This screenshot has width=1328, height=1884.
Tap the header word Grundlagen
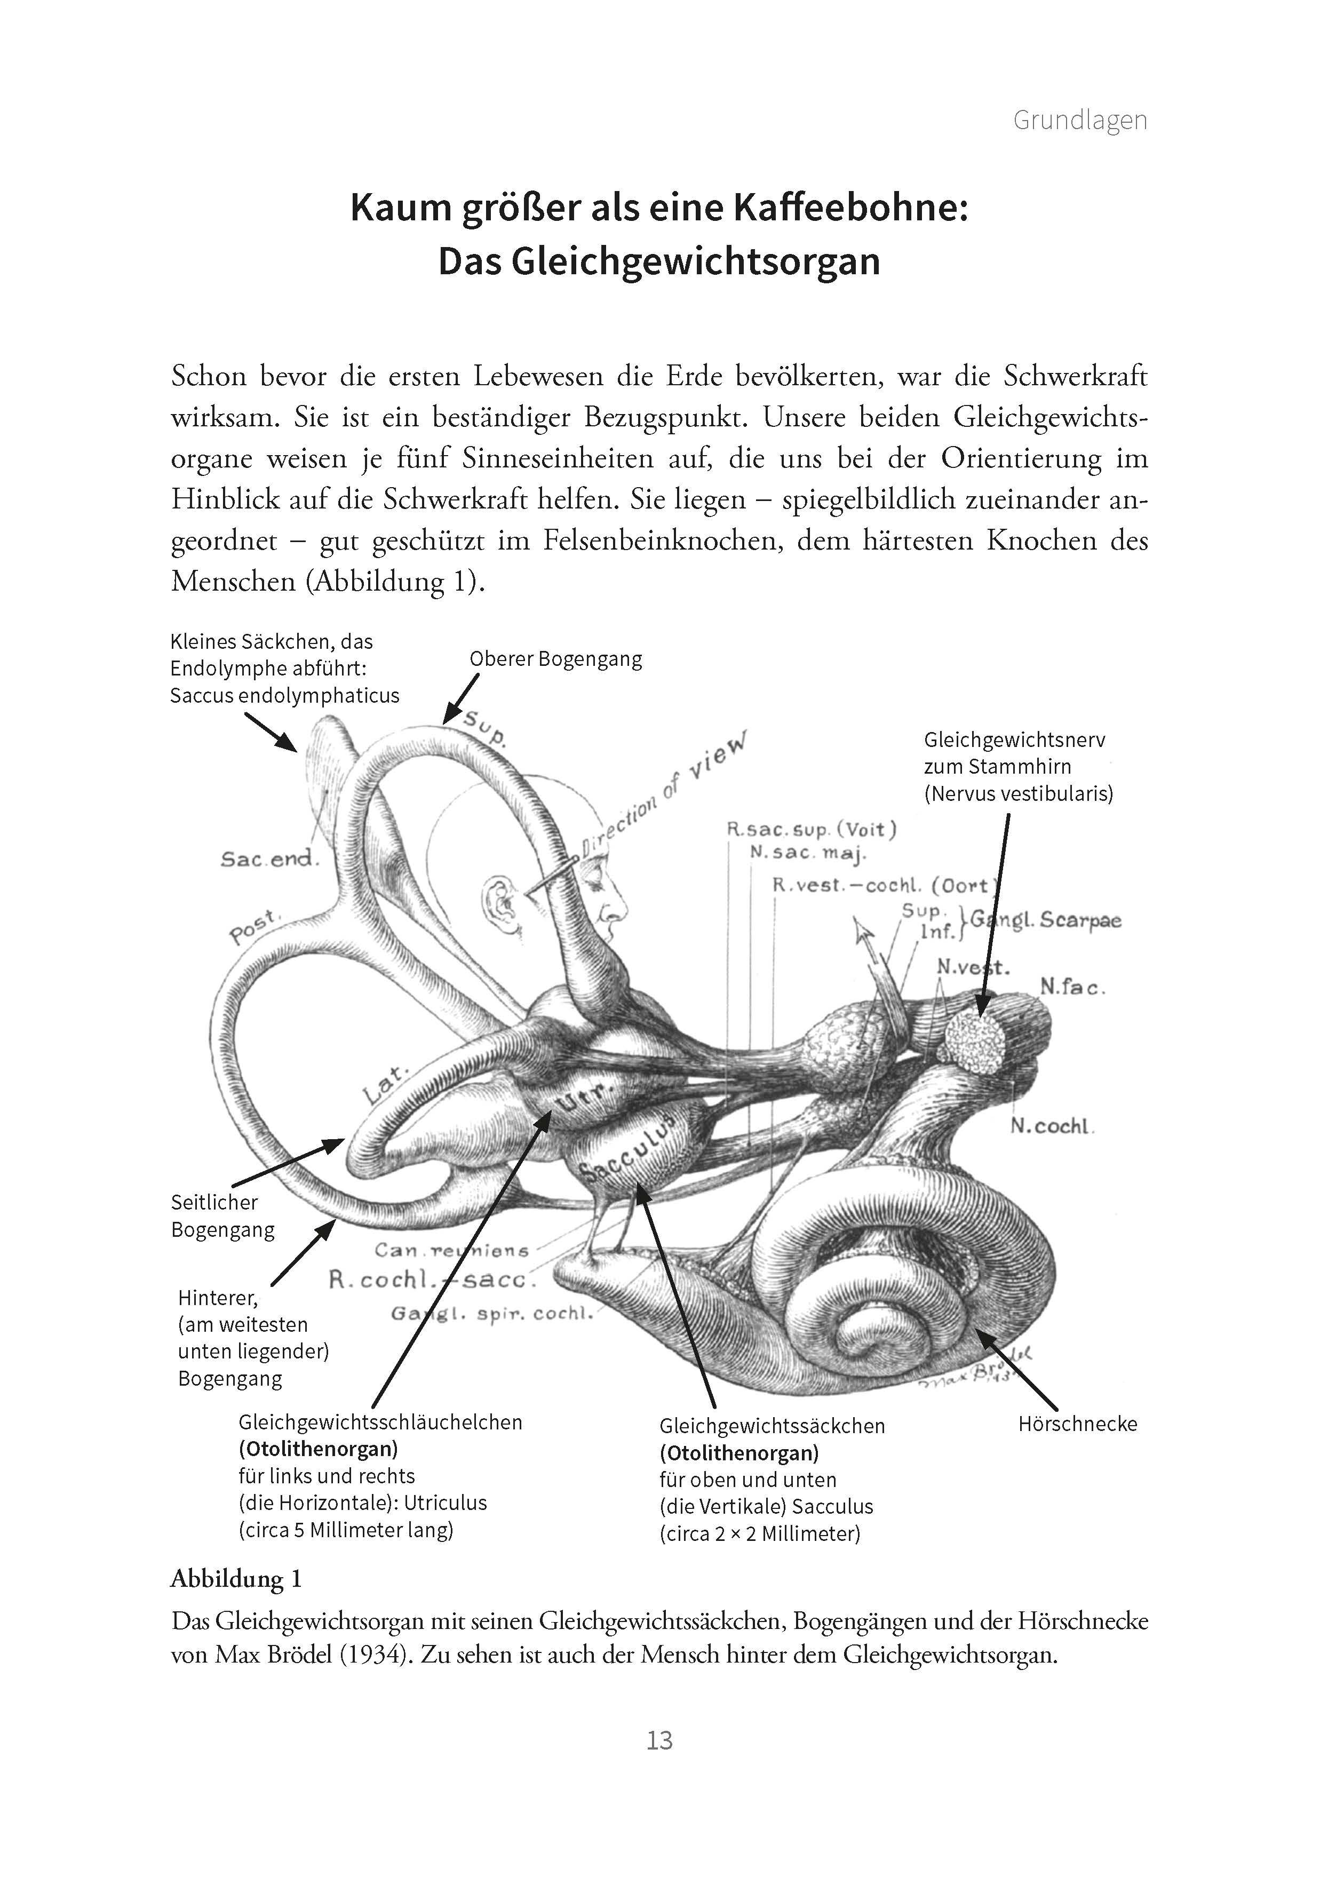coord(1079,120)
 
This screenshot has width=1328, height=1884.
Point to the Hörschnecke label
coord(1077,1424)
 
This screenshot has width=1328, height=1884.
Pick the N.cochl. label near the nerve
coord(1052,1127)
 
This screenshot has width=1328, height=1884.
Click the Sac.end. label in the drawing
coord(268,859)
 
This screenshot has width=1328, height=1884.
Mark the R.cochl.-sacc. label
coord(432,1280)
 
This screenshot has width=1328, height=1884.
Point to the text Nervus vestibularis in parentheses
coord(1019,793)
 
